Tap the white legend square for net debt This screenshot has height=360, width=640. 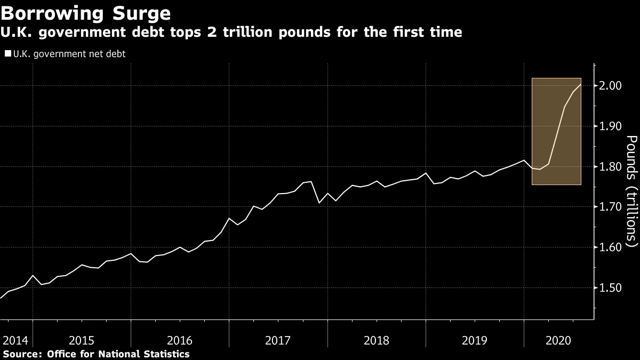click(x=8, y=54)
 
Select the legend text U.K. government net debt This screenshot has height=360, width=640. click(x=69, y=54)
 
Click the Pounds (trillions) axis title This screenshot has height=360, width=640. click(x=631, y=191)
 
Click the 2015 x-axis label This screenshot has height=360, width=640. click(x=82, y=340)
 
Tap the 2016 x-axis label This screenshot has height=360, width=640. click(x=180, y=340)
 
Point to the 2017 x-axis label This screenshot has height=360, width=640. click(x=278, y=340)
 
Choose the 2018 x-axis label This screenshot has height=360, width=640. click(x=376, y=340)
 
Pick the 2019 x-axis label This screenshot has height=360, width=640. click(x=474, y=340)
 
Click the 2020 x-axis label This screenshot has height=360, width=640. click(x=556, y=340)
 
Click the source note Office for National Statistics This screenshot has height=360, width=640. click(x=118, y=354)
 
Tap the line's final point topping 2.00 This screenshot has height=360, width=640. click(x=580, y=84)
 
